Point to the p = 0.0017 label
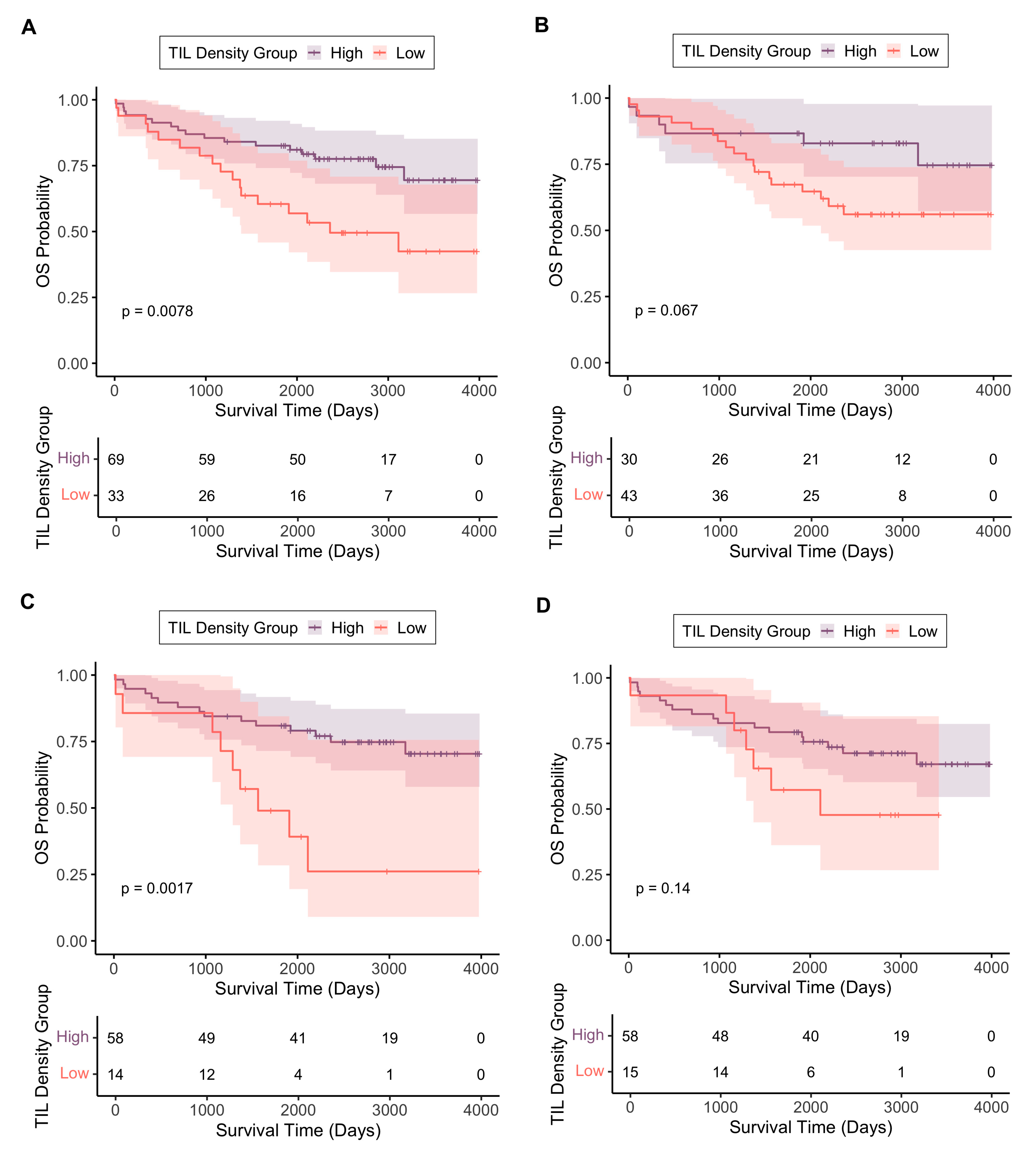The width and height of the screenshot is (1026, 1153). pyautogui.click(x=157, y=888)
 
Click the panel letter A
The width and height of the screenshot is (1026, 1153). pyautogui.click(x=29, y=27)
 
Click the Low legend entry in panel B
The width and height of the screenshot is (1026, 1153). pyautogui.click(x=924, y=51)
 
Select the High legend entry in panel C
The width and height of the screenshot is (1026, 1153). pyautogui.click(x=347, y=628)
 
